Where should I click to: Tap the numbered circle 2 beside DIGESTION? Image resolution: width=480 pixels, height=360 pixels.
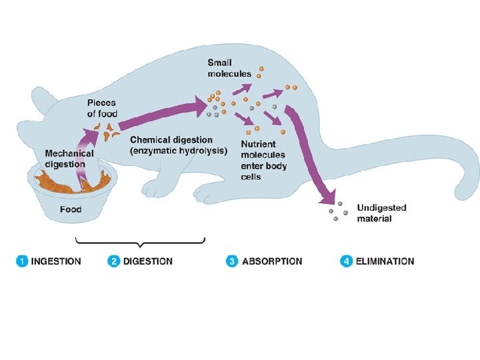pos(114,261)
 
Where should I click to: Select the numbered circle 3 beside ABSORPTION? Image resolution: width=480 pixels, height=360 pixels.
pos(232,261)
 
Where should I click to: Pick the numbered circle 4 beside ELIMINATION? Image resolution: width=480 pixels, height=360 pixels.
pos(346,261)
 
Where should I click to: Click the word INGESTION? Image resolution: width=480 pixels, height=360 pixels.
pos(57,261)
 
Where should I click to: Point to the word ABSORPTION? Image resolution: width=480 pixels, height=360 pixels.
pos(272,261)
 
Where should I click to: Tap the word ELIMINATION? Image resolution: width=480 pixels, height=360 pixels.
pos(385,261)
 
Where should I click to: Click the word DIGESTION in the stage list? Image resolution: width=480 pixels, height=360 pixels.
pos(147,261)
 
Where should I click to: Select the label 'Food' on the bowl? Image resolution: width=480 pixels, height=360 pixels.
pos(71,209)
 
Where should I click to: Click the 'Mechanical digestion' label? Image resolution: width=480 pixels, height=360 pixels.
pos(65,159)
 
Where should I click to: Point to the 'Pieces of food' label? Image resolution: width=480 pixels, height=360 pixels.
pos(102,109)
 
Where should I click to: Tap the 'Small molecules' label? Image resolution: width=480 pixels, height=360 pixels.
pos(229,68)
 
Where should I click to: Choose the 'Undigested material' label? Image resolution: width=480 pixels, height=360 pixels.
pos(382,213)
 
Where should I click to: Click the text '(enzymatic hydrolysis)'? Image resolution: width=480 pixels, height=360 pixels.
pos(179,151)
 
